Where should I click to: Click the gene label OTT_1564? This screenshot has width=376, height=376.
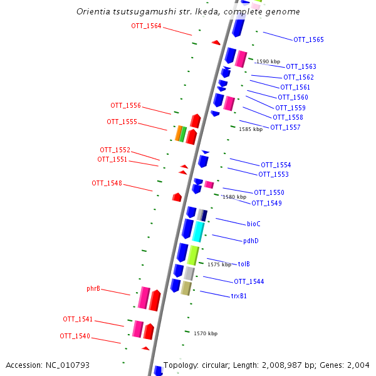click(146, 26)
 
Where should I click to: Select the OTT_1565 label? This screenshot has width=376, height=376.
click(308, 39)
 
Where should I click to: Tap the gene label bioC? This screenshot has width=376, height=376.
click(253, 224)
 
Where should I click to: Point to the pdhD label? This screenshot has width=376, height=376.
click(251, 241)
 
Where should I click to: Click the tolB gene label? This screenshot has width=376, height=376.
click(244, 264)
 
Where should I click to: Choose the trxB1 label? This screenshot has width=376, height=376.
click(239, 296)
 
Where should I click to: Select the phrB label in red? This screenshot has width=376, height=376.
click(93, 289)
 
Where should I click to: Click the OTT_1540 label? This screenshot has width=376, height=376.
click(75, 336)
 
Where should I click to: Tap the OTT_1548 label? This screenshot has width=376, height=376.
click(107, 183)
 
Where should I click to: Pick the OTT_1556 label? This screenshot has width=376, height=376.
click(125, 105)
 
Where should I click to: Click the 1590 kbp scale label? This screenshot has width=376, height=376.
click(268, 61)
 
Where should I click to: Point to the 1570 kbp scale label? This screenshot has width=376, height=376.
click(206, 333)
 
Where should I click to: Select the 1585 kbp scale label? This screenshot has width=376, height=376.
click(251, 128)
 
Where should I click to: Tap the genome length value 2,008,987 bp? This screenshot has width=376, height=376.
click(303, 365)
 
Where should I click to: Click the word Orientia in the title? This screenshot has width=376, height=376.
click(92, 11)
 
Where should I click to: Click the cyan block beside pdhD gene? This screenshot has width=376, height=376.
click(198, 232)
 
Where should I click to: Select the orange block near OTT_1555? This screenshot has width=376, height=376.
click(178, 133)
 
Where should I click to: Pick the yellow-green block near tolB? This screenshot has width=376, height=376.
click(193, 254)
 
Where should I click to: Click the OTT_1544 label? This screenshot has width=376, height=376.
click(249, 281)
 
